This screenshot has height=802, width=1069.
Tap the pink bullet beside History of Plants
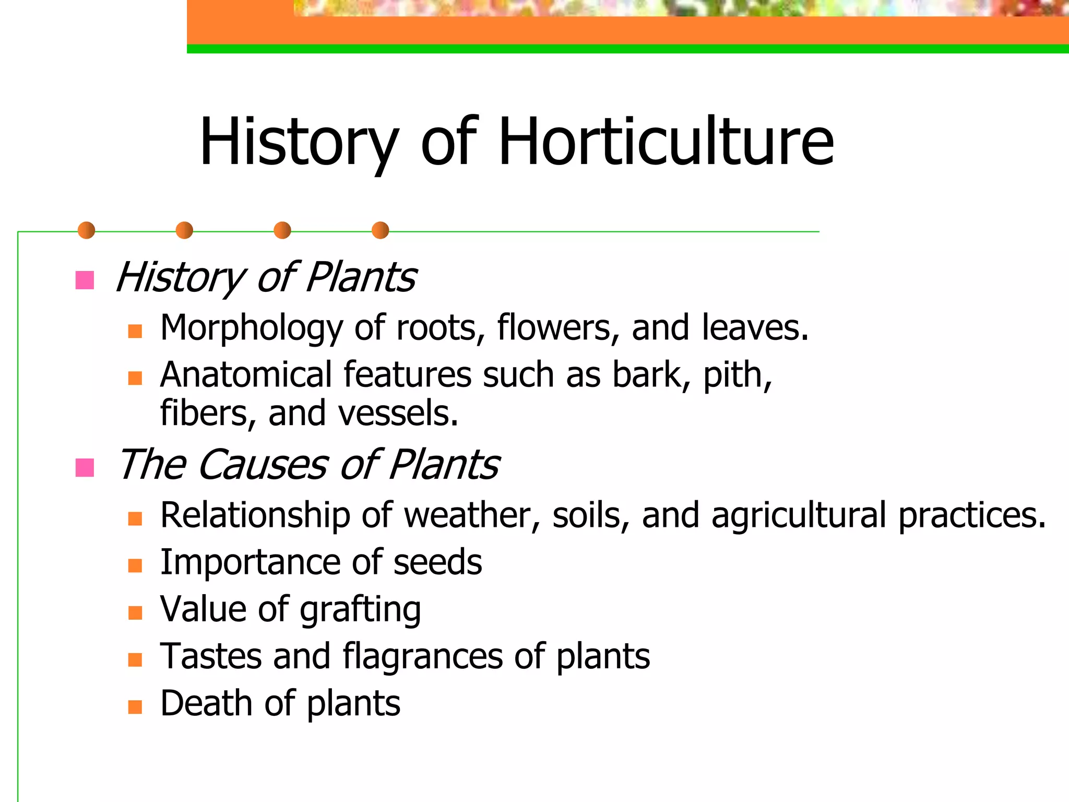85,280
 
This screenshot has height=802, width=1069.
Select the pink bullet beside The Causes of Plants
85,467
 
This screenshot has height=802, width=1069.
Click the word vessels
398,414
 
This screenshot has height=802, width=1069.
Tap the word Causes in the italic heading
263,465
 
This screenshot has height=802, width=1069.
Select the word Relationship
255,516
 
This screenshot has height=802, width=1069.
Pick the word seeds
437,563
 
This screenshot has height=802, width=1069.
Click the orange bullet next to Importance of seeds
135,565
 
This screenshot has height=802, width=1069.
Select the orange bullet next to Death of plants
135,706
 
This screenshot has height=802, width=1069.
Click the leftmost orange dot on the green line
86,230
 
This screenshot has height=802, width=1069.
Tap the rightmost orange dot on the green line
381,230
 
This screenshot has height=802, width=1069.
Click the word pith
736,376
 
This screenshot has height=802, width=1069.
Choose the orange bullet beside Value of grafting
135,612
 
